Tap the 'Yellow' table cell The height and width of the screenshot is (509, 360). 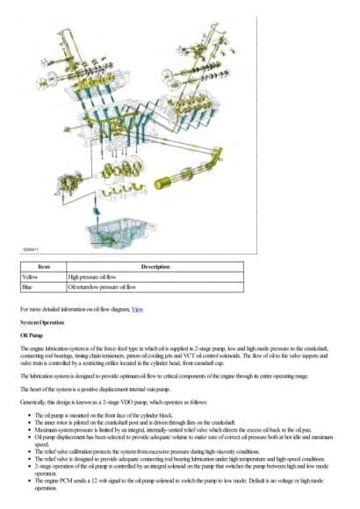coord(32,276)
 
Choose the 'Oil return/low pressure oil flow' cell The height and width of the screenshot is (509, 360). coord(102,286)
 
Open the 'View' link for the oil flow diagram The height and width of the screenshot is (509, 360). coord(137,309)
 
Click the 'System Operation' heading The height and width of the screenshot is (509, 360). coord(40,322)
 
